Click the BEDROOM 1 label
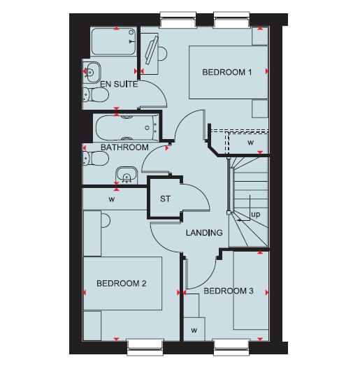coord(226,72)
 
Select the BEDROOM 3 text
coord(229,291)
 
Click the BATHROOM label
coord(124,147)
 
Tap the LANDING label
coord(204,233)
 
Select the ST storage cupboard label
coord(166,199)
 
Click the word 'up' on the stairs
coord(255,215)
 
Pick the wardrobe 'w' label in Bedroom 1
coord(250,143)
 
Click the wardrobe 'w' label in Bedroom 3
coord(194,329)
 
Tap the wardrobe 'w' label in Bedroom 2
coord(111,198)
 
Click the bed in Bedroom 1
coord(228,73)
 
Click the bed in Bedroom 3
coord(250,290)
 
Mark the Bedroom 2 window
coord(145,342)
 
